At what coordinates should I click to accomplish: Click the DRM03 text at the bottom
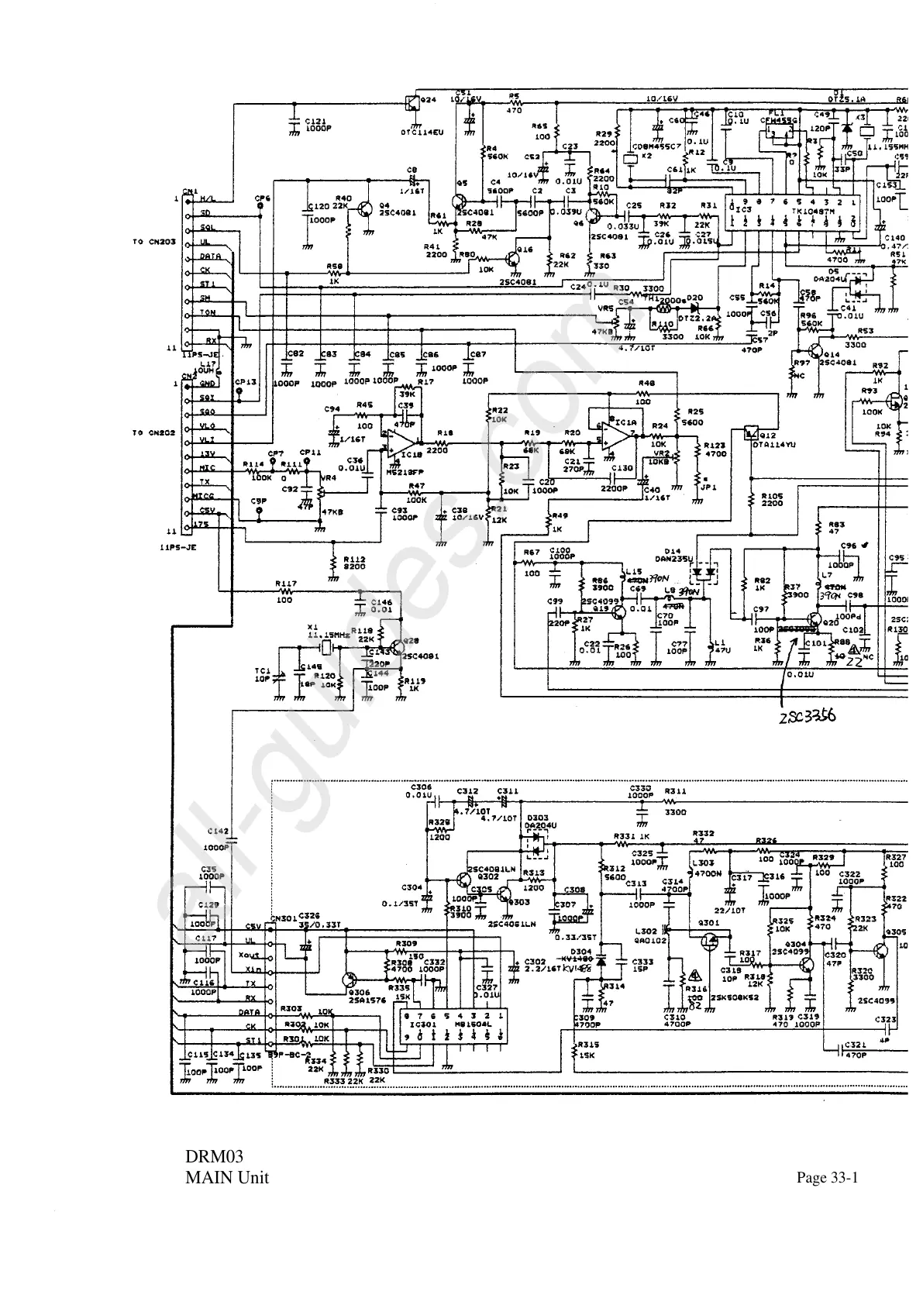point(214,1157)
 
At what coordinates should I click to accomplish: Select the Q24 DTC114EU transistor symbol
point(411,101)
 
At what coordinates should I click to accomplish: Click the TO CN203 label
point(154,242)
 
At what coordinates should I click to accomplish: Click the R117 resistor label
point(286,584)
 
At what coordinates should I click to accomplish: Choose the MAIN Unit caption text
point(227,1179)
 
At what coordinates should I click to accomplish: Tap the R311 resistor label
point(676,791)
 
